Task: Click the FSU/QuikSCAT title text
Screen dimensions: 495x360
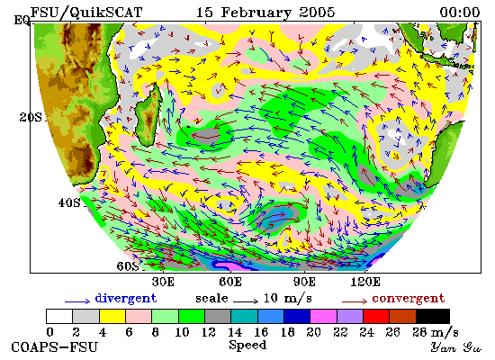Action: tap(86, 13)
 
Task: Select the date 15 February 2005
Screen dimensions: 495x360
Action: tap(265, 13)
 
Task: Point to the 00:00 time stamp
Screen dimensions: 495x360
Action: tap(460, 13)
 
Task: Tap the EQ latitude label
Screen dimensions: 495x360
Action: tap(22, 21)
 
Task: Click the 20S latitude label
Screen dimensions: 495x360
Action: tap(31, 117)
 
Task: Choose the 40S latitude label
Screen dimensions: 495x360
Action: tap(69, 202)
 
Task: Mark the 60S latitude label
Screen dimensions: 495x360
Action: tap(128, 266)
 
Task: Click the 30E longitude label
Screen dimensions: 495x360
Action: tap(163, 282)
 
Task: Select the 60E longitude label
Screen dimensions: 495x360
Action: tap(230, 282)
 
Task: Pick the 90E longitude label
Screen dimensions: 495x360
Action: tap(304, 282)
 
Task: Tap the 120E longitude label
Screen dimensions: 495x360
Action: tap(365, 282)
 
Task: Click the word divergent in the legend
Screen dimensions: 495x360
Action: tap(126, 299)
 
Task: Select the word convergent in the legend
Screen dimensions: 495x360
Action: tap(409, 299)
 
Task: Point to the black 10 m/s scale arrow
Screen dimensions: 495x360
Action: tap(246, 301)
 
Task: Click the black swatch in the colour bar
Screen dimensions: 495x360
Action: tap(433, 317)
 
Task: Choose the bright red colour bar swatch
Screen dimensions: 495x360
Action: tap(376, 317)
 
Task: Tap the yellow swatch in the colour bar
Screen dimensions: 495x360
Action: tap(112, 317)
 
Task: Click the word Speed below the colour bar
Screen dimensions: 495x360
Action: tap(247, 346)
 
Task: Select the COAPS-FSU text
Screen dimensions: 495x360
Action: tap(54, 347)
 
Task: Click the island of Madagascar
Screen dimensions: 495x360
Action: tap(148, 115)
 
